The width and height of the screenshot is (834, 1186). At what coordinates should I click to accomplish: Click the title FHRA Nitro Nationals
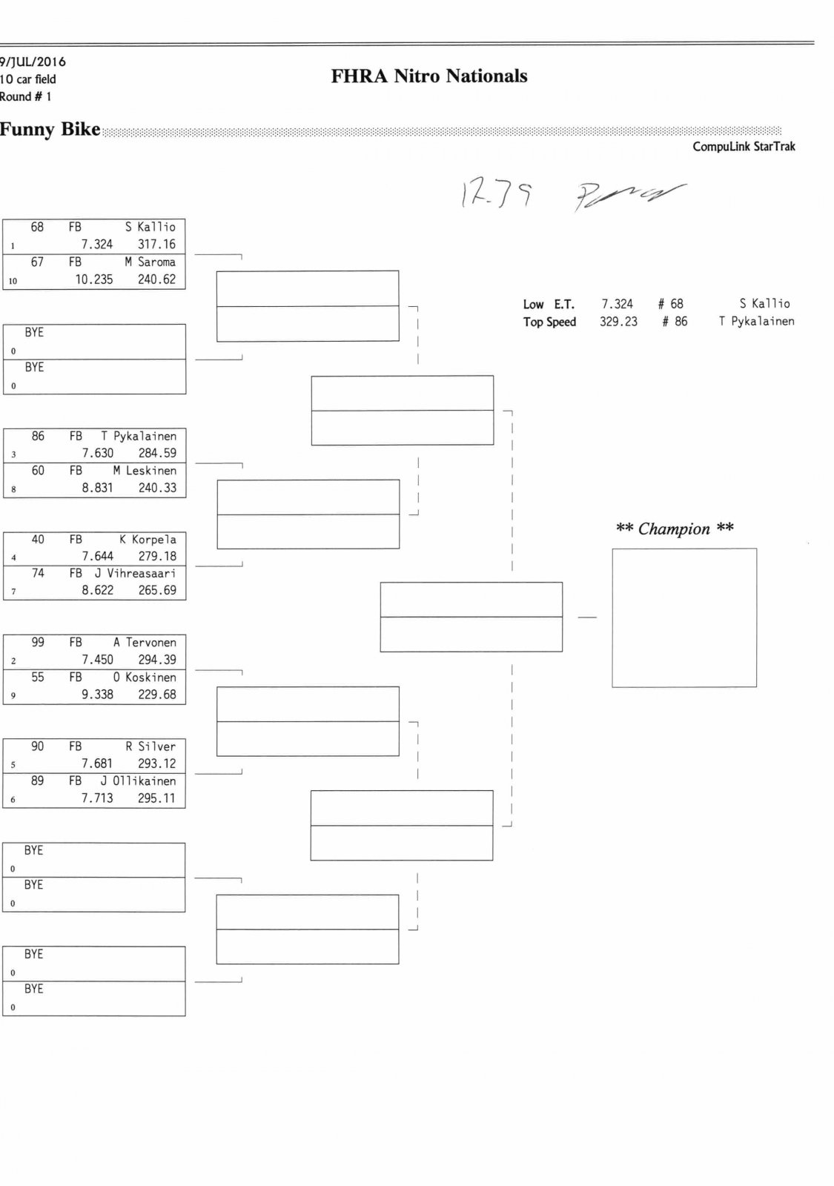(429, 76)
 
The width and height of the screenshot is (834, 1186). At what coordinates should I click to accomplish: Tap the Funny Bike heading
(50, 130)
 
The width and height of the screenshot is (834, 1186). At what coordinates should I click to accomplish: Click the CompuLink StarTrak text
(744, 147)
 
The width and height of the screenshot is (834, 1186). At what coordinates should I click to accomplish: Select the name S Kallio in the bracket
(150, 228)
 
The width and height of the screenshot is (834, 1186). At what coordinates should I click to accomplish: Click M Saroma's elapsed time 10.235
(94, 279)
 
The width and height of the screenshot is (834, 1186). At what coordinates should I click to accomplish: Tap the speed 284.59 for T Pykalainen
(157, 453)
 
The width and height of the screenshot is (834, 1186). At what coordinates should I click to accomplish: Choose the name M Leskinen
(145, 471)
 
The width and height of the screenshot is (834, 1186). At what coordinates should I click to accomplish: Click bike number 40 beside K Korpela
(38, 540)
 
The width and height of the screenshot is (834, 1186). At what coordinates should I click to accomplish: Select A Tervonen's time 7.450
(97, 660)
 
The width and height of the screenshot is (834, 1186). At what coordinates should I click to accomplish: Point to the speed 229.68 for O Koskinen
(157, 695)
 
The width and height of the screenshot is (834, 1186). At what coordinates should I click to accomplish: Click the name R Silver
(150, 746)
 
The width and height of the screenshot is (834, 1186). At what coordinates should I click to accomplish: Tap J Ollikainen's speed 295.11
(156, 798)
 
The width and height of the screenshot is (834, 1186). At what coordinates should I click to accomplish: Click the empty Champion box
(684, 617)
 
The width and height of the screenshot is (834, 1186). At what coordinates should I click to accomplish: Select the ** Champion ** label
(675, 529)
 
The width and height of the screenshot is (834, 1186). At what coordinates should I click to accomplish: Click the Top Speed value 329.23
(618, 322)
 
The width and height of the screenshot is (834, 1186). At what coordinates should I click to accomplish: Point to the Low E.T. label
(549, 305)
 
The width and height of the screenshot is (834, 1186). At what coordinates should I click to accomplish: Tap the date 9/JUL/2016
(33, 62)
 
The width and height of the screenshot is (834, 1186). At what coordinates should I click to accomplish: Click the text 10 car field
(28, 79)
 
